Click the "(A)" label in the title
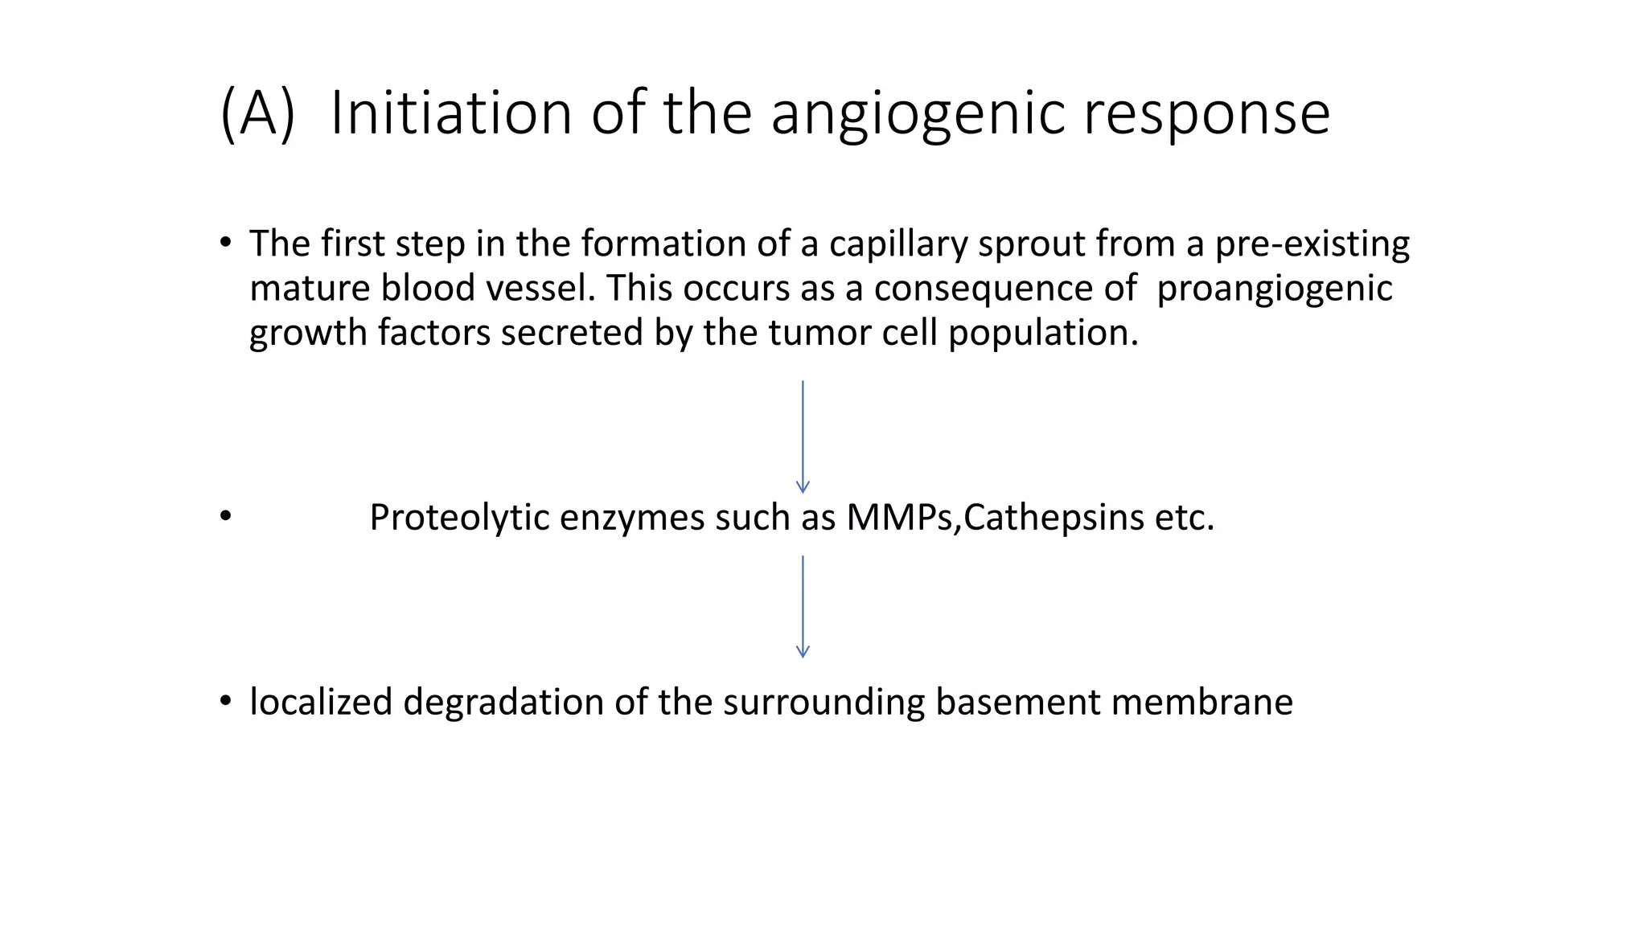click(258, 113)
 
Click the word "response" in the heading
click(1206, 113)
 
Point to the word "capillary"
click(898, 244)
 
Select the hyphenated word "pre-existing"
click(1312, 244)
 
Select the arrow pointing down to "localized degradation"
click(803, 607)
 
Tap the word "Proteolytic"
click(458, 518)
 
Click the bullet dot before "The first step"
click(225, 243)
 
